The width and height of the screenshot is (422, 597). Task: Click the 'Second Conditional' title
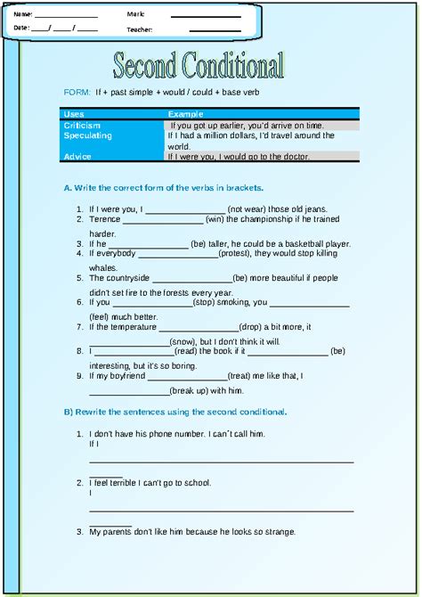[x=199, y=66]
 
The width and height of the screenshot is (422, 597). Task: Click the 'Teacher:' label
[x=140, y=29]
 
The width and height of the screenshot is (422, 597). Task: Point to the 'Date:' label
[x=22, y=29]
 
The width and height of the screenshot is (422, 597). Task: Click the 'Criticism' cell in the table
[x=83, y=126]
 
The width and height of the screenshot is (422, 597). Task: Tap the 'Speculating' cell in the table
[x=88, y=135]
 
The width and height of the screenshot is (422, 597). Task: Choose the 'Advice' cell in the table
[x=77, y=156]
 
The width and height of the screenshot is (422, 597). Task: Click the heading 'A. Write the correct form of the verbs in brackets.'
[x=174, y=188]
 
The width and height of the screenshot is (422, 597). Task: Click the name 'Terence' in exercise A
[x=105, y=219]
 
